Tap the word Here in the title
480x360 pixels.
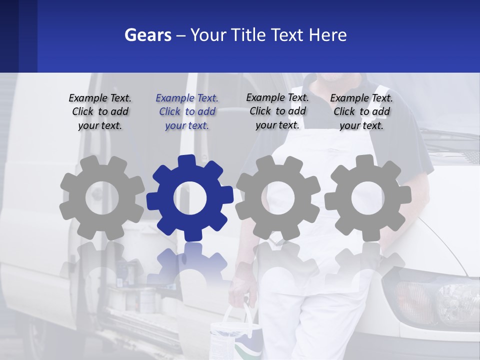pos(327,35)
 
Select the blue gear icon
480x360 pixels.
pos(190,198)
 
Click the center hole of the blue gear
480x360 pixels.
pos(190,198)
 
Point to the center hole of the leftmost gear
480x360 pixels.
pos(102,198)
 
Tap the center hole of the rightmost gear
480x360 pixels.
pos(367,198)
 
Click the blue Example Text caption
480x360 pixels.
pos(187,112)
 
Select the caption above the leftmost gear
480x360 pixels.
pos(100,112)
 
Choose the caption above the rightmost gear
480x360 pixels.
pos(361,112)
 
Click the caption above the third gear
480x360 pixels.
pos(277,111)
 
